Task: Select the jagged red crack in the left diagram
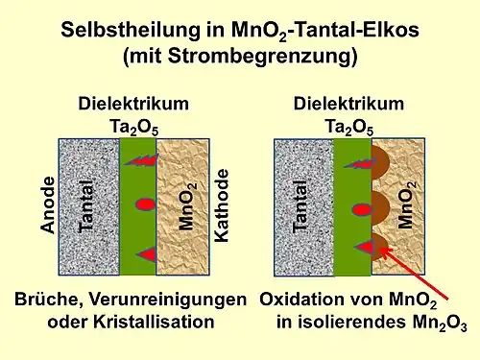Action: click(x=141, y=159)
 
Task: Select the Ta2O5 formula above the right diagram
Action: click(x=348, y=126)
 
